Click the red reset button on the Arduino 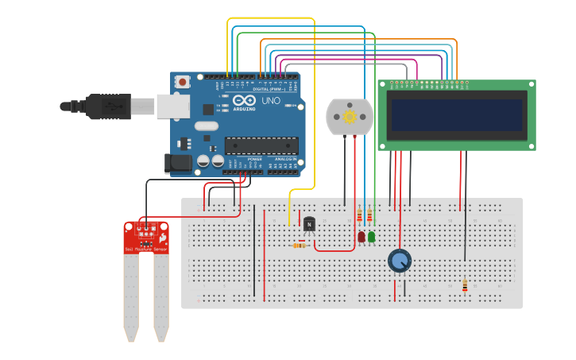tap(183, 81)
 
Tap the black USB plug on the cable tap(107, 105)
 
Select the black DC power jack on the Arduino tap(176, 164)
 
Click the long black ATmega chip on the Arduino tap(261, 145)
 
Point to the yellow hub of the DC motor tap(350, 117)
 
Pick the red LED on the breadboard tap(361, 237)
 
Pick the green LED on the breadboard tap(371, 237)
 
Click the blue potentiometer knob tap(400, 261)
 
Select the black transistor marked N tap(309, 224)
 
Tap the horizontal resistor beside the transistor tap(300, 246)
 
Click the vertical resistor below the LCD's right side tap(465, 285)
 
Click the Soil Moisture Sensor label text tap(145, 250)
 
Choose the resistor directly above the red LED tap(359, 215)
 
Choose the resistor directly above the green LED tap(369, 215)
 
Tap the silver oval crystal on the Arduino tap(205, 126)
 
